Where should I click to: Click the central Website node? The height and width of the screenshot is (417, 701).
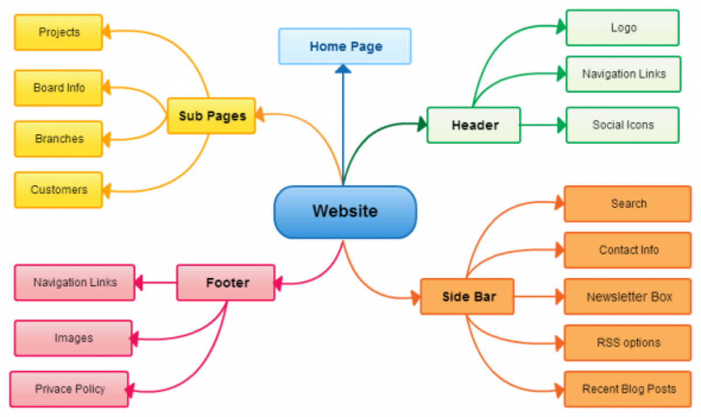(x=345, y=211)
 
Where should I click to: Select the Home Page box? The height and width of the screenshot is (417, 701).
(x=345, y=46)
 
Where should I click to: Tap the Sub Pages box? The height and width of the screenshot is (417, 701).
(x=211, y=116)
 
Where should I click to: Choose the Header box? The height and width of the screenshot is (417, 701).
(x=474, y=125)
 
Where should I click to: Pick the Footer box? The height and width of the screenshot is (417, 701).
(x=226, y=283)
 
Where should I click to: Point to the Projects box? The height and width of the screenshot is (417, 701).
(x=58, y=32)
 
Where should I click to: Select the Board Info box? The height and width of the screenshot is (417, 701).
(x=58, y=88)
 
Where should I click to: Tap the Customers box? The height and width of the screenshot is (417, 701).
(x=58, y=190)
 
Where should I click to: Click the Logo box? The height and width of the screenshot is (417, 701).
(x=623, y=27)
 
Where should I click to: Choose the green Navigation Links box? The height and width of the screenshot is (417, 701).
(x=623, y=74)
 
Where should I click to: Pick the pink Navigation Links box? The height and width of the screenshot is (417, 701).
(x=75, y=283)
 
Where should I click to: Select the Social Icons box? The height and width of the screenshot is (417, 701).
(x=623, y=125)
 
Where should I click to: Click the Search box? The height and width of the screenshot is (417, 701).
(x=628, y=204)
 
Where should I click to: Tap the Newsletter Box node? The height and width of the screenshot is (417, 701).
(x=628, y=297)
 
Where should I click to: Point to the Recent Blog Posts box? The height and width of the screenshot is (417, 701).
(x=628, y=389)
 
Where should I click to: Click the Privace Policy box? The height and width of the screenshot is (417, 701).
(x=69, y=389)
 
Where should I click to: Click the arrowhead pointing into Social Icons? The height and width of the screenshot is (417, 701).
(x=561, y=125)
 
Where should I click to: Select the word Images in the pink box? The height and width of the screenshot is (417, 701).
(x=74, y=338)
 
